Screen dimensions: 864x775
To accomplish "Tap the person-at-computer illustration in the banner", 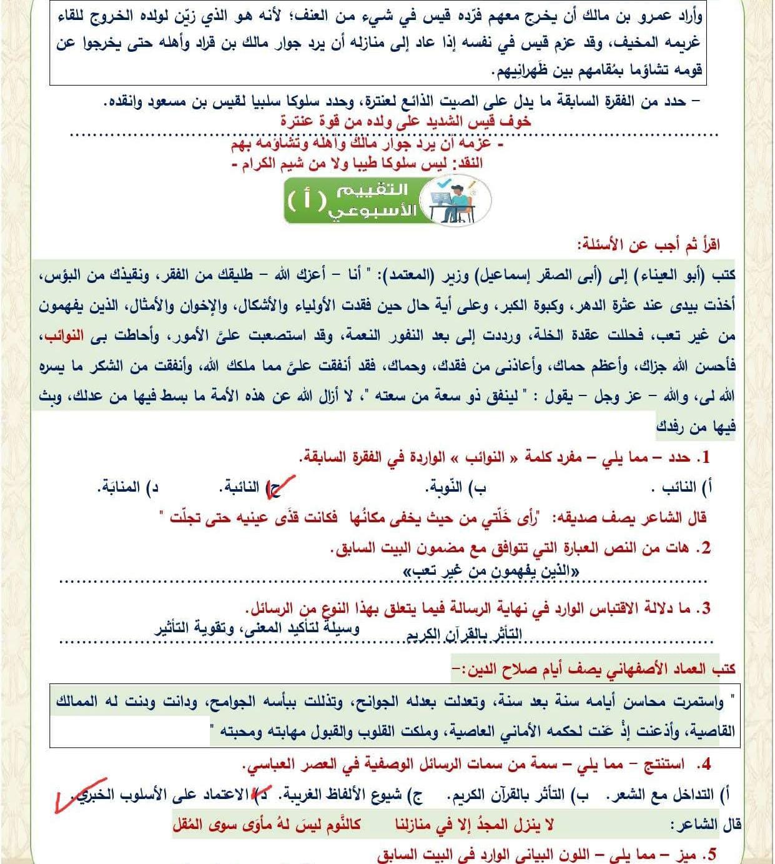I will (x=454, y=200).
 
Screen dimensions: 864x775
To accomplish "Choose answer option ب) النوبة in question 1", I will (x=456, y=487).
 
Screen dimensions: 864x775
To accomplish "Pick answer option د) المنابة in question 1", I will (x=128, y=487).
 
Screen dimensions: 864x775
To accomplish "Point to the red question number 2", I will (x=706, y=548).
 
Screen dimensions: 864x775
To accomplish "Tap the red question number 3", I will (x=706, y=608).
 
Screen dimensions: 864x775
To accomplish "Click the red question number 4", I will (x=706, y=763).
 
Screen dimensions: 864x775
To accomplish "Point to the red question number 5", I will (x=706, y=855).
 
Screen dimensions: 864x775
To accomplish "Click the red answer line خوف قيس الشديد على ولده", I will (x=406, y=121).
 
